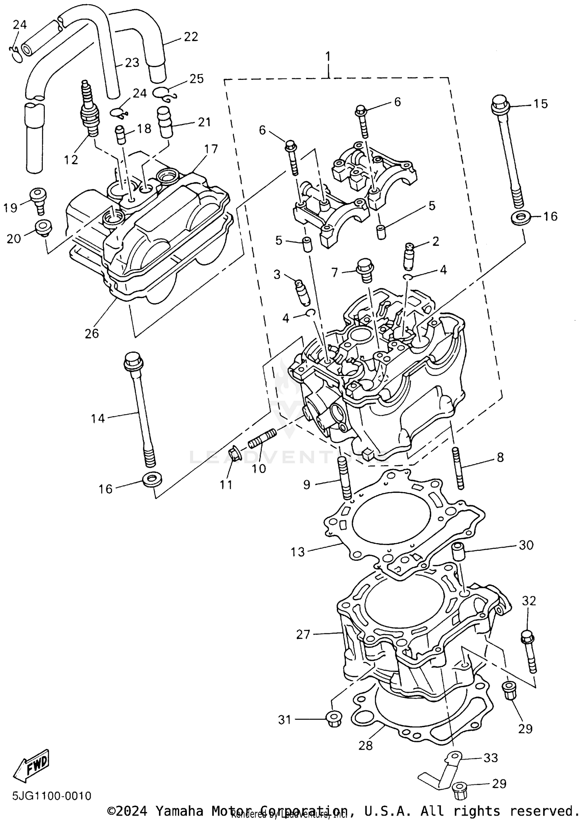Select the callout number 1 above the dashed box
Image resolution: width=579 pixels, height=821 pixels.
pyautogui.click(x=328, y=57)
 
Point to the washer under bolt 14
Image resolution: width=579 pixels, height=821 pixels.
pyautogui.click(x=152, y=480)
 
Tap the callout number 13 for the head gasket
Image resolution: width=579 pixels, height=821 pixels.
pyautogui.click(x=298, y=552)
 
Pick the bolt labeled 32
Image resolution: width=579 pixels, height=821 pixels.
pyautogui.click(x=528, y=653)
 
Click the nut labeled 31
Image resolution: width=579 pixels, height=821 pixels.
pyautogui.click(x=333, y=719)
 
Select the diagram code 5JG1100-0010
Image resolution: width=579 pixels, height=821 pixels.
pyautogui.click(x=52, y=796)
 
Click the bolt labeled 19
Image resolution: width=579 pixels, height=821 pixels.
pyautogui.click(x=38, y=200)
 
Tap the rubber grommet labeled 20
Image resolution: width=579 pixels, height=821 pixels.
pyautogui.click(x=43, y=227)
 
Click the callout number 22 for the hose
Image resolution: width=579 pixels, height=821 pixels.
pyautogui.click(x=191, y=37)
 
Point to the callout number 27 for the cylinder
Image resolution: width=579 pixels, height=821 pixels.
pyautogui.click(x=303, y=635)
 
